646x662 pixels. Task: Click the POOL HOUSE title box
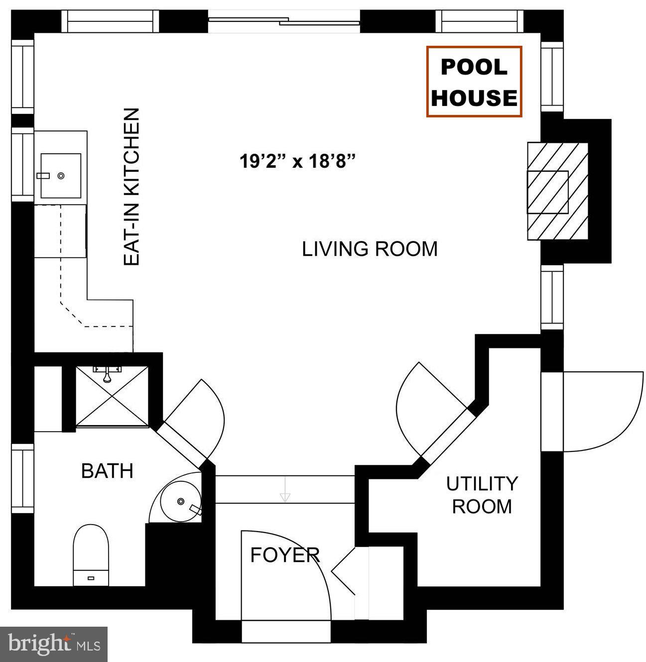pos(474,82)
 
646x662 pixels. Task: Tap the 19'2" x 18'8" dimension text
pos(298,161)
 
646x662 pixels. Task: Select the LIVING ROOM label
pos(370,248)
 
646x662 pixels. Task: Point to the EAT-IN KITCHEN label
pos(131,187)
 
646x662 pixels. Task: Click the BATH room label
pos(107,470)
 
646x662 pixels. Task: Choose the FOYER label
pos(284,554)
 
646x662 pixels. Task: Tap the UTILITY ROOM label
pos(481,495)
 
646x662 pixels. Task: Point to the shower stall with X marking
pos(112,396)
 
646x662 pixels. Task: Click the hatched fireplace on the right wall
pos(556,192)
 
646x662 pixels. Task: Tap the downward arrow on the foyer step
pos(285,490)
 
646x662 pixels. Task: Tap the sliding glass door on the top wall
pos(284,21)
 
